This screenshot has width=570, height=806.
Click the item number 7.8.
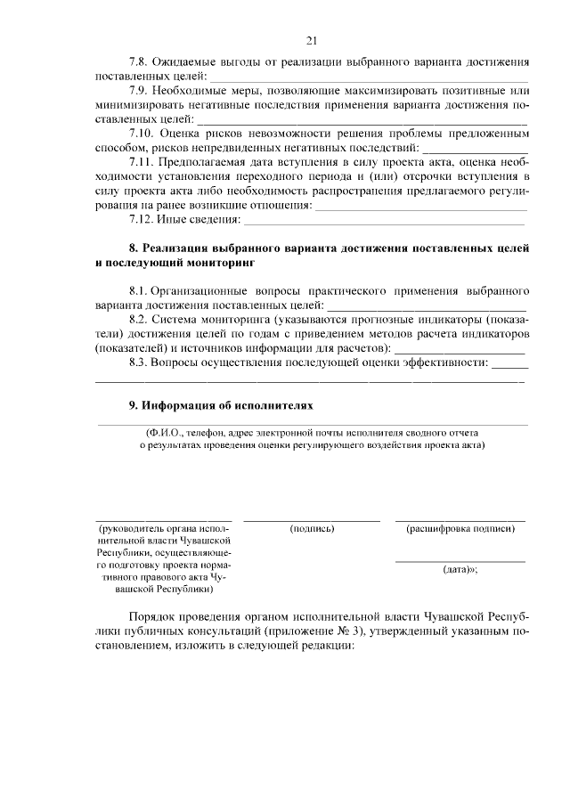click(x=141, y=62)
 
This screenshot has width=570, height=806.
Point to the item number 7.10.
click(x=144, y=132)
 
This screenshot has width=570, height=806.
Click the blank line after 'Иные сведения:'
click(x=383, y=221)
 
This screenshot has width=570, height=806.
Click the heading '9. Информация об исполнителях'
click(x=222, y=404)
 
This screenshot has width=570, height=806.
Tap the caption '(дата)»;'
click(x=460, y=572)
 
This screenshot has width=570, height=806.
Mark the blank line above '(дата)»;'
click(x=460, y=561)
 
